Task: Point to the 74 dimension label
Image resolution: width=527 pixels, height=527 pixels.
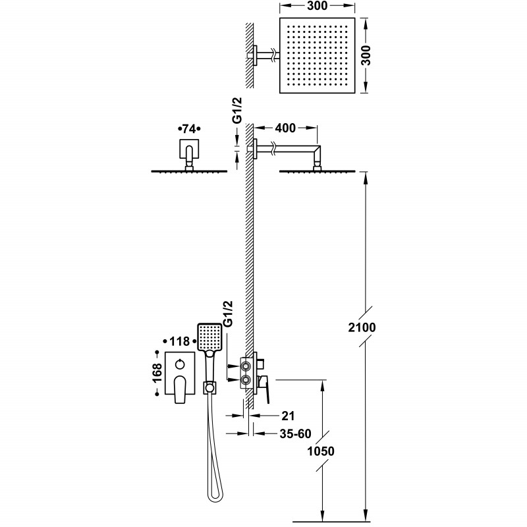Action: tap(189, 128)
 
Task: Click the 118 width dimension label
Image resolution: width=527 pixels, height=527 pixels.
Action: tap(177, 341)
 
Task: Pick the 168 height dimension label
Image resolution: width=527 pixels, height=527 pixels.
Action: tap(158, 379)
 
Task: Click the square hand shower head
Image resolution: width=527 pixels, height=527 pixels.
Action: tap(209, 336)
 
